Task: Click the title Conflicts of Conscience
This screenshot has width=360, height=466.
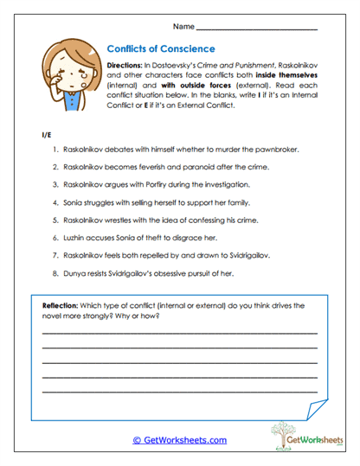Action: [x=160, y=49]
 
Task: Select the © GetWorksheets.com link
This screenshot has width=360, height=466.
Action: [x=179, y=440]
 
